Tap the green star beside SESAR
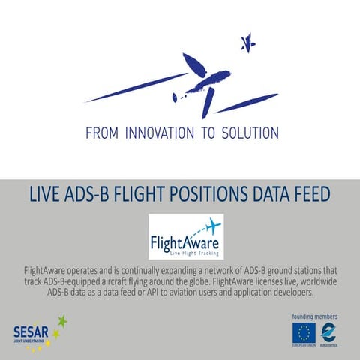(x=61, y=322)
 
